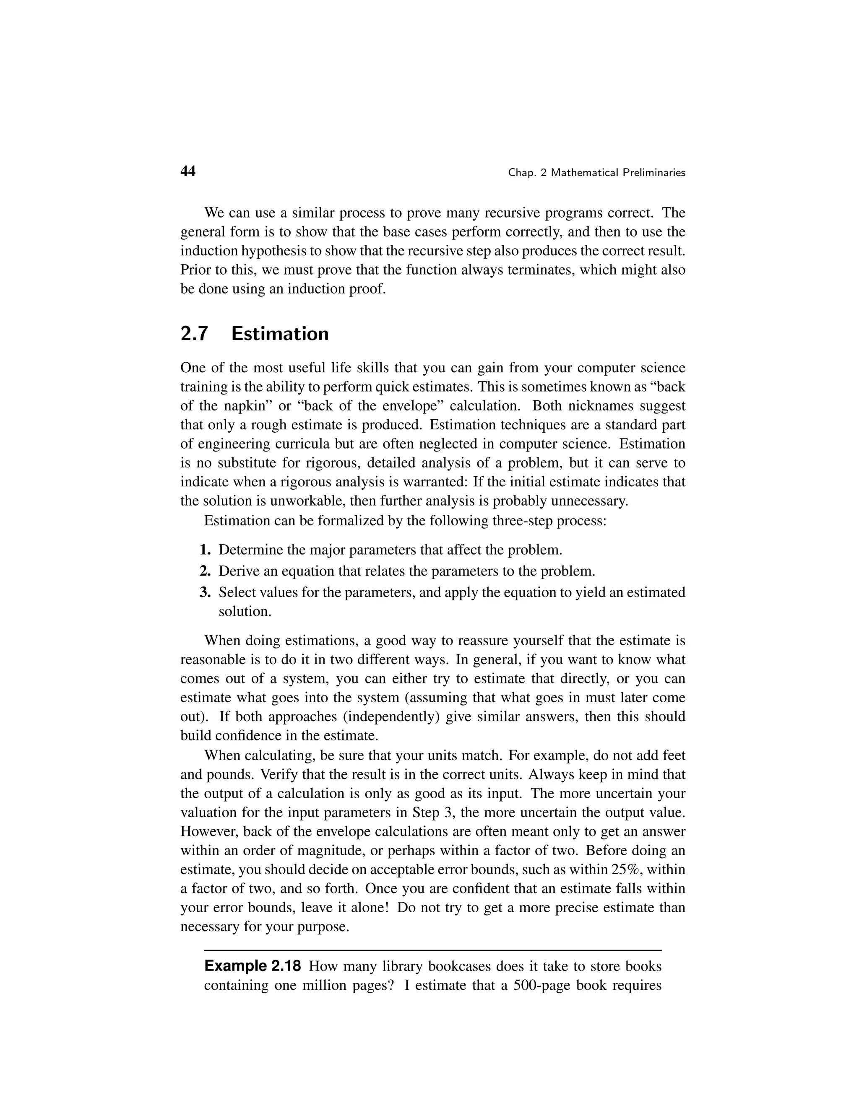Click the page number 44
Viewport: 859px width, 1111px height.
188,171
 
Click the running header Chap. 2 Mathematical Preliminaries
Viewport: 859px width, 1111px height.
596,173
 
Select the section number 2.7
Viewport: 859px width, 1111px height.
194,334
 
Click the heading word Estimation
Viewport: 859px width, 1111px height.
279,334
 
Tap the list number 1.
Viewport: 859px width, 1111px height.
205,550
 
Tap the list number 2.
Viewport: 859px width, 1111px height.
205,571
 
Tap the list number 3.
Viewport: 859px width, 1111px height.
205,592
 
